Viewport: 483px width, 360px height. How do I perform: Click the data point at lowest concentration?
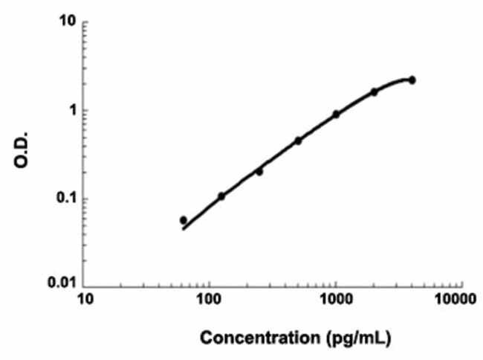(x=184, y=220)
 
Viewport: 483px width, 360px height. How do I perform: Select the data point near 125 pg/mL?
(x=221, y=196)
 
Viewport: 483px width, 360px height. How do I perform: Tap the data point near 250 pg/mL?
(x=259, y=172)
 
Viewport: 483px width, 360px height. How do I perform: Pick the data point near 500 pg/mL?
(x=298, y=141)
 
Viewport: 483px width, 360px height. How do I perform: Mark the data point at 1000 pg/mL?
(x=336, y=115)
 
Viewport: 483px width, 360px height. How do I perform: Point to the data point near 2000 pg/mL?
(x=375, y=92)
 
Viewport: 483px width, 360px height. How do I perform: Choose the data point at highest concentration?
(x=412, y=80)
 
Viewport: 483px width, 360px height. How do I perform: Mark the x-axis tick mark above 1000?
(x=336, y=284)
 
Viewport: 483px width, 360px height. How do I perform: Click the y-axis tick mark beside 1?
(x=85, y=110)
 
